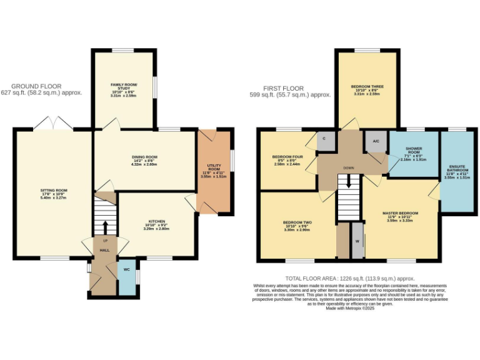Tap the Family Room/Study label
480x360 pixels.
(124, 88)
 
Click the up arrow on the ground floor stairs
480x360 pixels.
(104, 226)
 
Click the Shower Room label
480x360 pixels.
(414, 153)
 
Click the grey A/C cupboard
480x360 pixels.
(376, 141)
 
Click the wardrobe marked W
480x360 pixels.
(357, 241)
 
